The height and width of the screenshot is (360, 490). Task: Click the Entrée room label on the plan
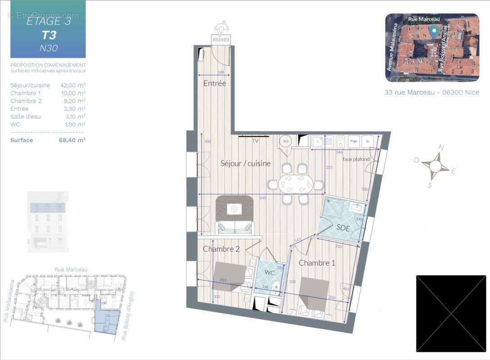(x=214, y=83)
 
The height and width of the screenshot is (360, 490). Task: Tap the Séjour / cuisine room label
(x=245, y=163)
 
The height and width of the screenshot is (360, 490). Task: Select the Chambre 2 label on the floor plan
(x=221, y=249)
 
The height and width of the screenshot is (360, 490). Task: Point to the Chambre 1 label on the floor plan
(x=317, y=263)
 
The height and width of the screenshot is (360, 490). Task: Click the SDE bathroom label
(x=343, y=228)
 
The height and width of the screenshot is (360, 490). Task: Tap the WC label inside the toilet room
(x=269, y=273)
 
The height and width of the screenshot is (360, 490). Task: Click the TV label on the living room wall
(x=255, y=141)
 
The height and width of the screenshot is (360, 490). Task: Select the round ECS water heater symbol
(x=285, y=141)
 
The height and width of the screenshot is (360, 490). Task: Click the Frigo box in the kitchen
(x=354, y=141)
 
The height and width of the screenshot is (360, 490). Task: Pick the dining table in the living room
(x=296, y=184)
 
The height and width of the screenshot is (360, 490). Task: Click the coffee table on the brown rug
(x=234, y=208)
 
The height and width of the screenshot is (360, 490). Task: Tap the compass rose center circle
(x=435, y=166)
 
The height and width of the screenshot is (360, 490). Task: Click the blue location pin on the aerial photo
(x=434, y=31)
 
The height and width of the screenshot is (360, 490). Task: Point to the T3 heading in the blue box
(x=48, y=35)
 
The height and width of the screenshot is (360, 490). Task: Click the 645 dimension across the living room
(x=262, y=198)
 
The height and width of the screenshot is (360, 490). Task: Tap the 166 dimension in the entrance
(x=221, y=72)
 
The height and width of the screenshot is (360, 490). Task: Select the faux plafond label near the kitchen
(x=356, y=159)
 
